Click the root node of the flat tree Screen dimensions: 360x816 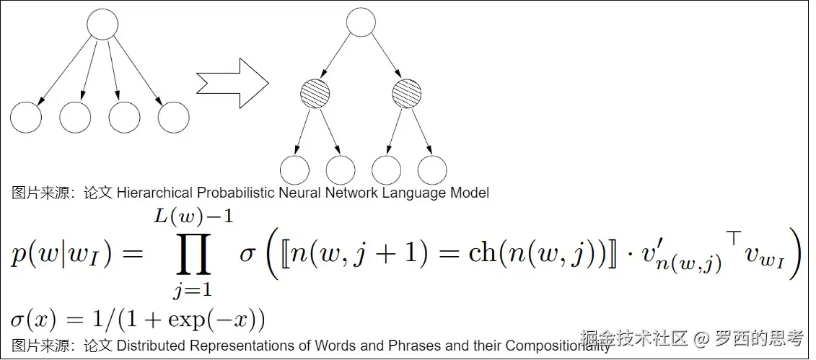coord(102,24)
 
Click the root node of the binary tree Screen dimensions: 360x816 coord(361,21)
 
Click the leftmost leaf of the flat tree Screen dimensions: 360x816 coord(26,118)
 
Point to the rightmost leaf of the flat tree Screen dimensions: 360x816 coord(174,118)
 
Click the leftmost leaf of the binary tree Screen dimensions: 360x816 coord(294,170)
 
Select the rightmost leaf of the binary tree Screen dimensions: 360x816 coord(432,170)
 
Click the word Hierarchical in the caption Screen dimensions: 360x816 coord(154,193)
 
